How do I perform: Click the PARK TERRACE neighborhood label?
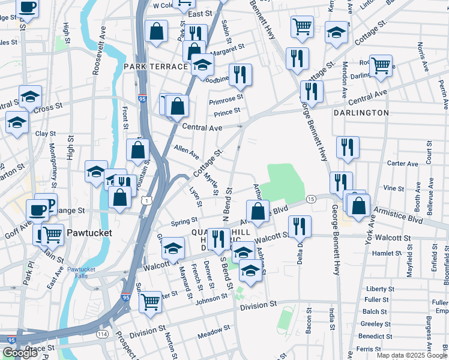tap(155, 66)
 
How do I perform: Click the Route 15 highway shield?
tap(310, 199)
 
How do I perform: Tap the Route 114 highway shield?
tap(103, 334)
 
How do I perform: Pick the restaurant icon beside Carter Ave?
tap(347, 146)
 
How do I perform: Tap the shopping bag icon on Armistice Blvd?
tap(258, 212)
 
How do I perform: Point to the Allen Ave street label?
tap(186, 151)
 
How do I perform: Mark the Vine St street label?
tap(393, 188)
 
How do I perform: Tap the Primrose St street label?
tap(226, 99)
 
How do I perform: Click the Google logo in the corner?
tap(20, 353)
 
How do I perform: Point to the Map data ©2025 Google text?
tap(411, 355)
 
